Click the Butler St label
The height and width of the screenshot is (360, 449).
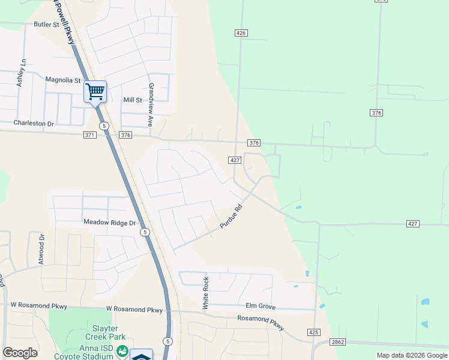47,25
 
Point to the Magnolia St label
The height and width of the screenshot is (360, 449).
62,80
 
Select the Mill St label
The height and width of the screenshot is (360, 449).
132,100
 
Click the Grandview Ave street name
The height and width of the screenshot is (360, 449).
151,104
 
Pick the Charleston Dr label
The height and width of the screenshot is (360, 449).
34,123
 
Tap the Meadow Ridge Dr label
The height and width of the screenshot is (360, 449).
110,221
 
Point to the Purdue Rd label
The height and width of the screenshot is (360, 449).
231,217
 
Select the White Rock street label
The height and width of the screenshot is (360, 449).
205,293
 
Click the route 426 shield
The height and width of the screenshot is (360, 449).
241,33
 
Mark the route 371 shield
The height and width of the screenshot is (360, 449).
89,136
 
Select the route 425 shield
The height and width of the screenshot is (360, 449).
314,332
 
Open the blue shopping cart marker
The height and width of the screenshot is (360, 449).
95,92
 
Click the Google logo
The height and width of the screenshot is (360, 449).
20,353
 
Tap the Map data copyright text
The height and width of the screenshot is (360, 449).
411,355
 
